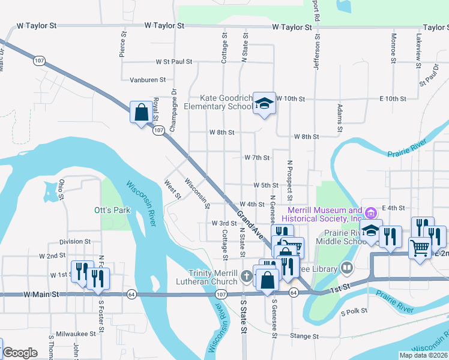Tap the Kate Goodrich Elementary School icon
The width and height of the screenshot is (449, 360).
click(x=264, y=104)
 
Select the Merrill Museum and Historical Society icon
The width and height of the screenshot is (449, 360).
click(x=371, y=213)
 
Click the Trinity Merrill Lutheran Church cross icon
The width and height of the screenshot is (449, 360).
click(x=246, y=277)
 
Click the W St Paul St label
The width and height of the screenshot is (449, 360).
click(x=173, y=61)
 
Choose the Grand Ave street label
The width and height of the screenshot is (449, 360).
click(x=249, y=223)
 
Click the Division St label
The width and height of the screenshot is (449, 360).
click(x=75, y=242)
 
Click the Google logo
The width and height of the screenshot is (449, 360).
click(x=20, y=353)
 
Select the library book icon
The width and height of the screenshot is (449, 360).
click(x=347, y=268)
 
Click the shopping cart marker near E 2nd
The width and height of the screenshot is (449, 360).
click(x=420, y=246)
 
